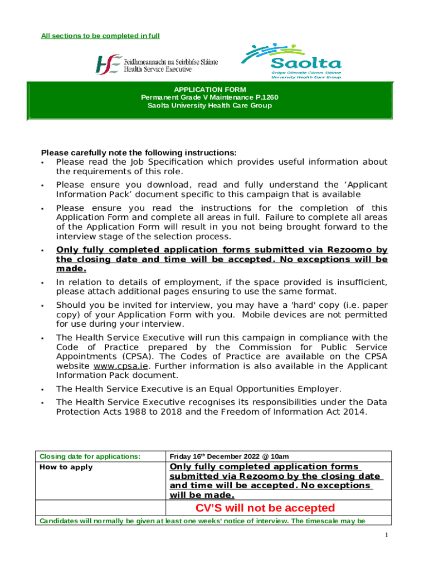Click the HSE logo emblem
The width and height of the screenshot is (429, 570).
pos(108,65)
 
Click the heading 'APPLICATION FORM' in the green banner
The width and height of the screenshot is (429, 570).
pos(209,90)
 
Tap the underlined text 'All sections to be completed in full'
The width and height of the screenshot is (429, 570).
pos(100,36)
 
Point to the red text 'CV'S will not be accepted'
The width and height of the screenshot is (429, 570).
pos(265,508)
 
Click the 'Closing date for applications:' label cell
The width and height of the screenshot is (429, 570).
pos(89,456)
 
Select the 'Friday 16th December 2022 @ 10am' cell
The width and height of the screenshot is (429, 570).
pos(229,456)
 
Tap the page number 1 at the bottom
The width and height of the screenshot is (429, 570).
pos(386,535)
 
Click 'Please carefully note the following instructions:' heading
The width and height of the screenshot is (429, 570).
pos(139,153)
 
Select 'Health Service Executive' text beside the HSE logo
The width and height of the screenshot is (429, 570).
pos(158,70)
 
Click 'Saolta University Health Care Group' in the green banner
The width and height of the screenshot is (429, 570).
pos(209,105)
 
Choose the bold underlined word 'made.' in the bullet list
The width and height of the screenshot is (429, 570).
pos(71,268)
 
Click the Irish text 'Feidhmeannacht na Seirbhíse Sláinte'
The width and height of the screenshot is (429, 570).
pos(170,62)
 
